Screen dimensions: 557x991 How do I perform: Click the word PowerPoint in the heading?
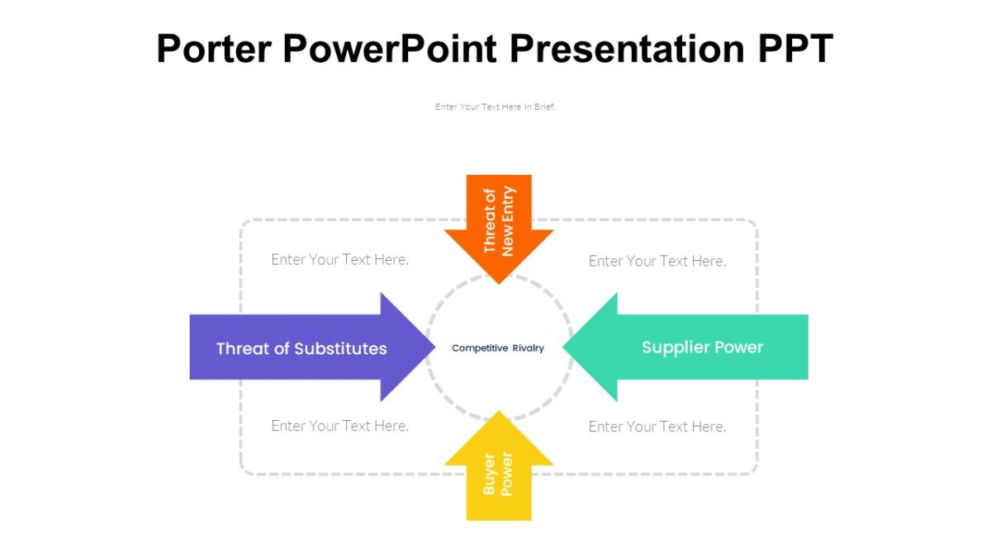pos(390,50)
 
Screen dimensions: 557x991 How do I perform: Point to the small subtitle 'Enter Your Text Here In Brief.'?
pos(495,106)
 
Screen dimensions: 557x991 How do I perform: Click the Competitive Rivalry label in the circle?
pos(498,348)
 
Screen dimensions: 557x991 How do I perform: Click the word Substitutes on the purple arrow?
pos(340,348)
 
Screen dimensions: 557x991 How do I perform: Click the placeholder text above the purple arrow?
pos(340,259)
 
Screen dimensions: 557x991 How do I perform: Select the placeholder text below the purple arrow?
pos(340,426)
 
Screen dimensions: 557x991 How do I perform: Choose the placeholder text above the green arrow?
pos(657,261)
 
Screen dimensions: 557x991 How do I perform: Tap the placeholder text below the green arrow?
pos(657,427)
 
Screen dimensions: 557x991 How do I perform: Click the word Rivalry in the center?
pos(529,348)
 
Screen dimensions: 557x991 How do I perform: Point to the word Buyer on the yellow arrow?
pos(489,474)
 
